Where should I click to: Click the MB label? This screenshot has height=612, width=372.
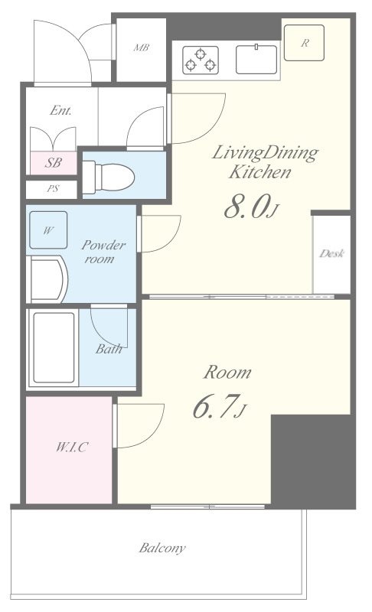pyautogui.click(x=142, y=47)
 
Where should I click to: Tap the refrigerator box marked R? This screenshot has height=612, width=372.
pyautogui.click(x=304, y=43)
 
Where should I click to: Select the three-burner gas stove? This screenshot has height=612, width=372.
pyautogui.click(x=201, y=60)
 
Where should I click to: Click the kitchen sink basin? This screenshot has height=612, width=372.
pyautogui.click(x=256, y=60)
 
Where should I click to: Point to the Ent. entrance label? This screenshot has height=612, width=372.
pyautogui.click(x=61, y=110)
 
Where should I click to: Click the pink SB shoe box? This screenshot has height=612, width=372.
pyautogui.click(x=54, y=163)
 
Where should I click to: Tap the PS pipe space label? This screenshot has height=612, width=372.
pyautogui.click(x=53, y=189)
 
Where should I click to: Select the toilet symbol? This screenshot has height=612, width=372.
pyautogui.click(x=108, y=177)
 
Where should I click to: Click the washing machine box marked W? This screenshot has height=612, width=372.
pyautogui.click(x=48, y=230)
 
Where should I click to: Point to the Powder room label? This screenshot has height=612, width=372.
pyautogui.click(x=103, y=252)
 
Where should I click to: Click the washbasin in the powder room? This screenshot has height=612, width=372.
pyautogui.click(x=47, y=279)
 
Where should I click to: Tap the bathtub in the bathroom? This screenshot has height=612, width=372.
pyautogui.click(x=53, y=349)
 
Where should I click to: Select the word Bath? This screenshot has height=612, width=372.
pyautogui.click(x=109, y=349)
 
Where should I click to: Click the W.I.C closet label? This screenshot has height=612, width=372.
pyautogui.click(x=72, y=447)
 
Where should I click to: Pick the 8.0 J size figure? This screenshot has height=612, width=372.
pyautogui.click(x=251, y=207)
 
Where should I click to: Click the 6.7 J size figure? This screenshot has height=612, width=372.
pyautogui.click(x=220, y=406)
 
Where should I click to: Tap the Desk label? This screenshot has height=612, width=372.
pyautogui.click(x=331, y=254)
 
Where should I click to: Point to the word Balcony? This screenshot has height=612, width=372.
pyautogui.click(x=162, y=548)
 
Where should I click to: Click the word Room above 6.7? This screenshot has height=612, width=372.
pyautogui.click(x=227, y=373)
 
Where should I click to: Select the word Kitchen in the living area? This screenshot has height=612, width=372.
pyautogui.click(x=260, y=172)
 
